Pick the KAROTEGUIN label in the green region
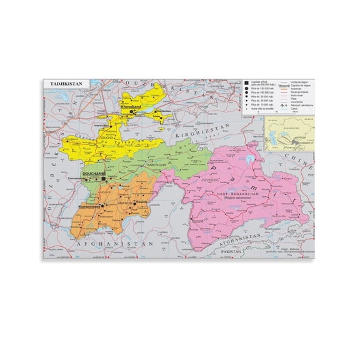157,166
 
